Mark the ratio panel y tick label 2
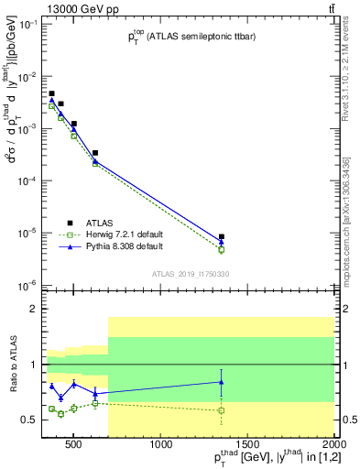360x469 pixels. point(36,309)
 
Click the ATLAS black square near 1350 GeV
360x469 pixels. point(222,236)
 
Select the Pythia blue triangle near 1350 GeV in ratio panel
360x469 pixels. point(222,382)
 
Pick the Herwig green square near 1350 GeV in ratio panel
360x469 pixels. point(222,410)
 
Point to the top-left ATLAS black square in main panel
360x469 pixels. point(52,93)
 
